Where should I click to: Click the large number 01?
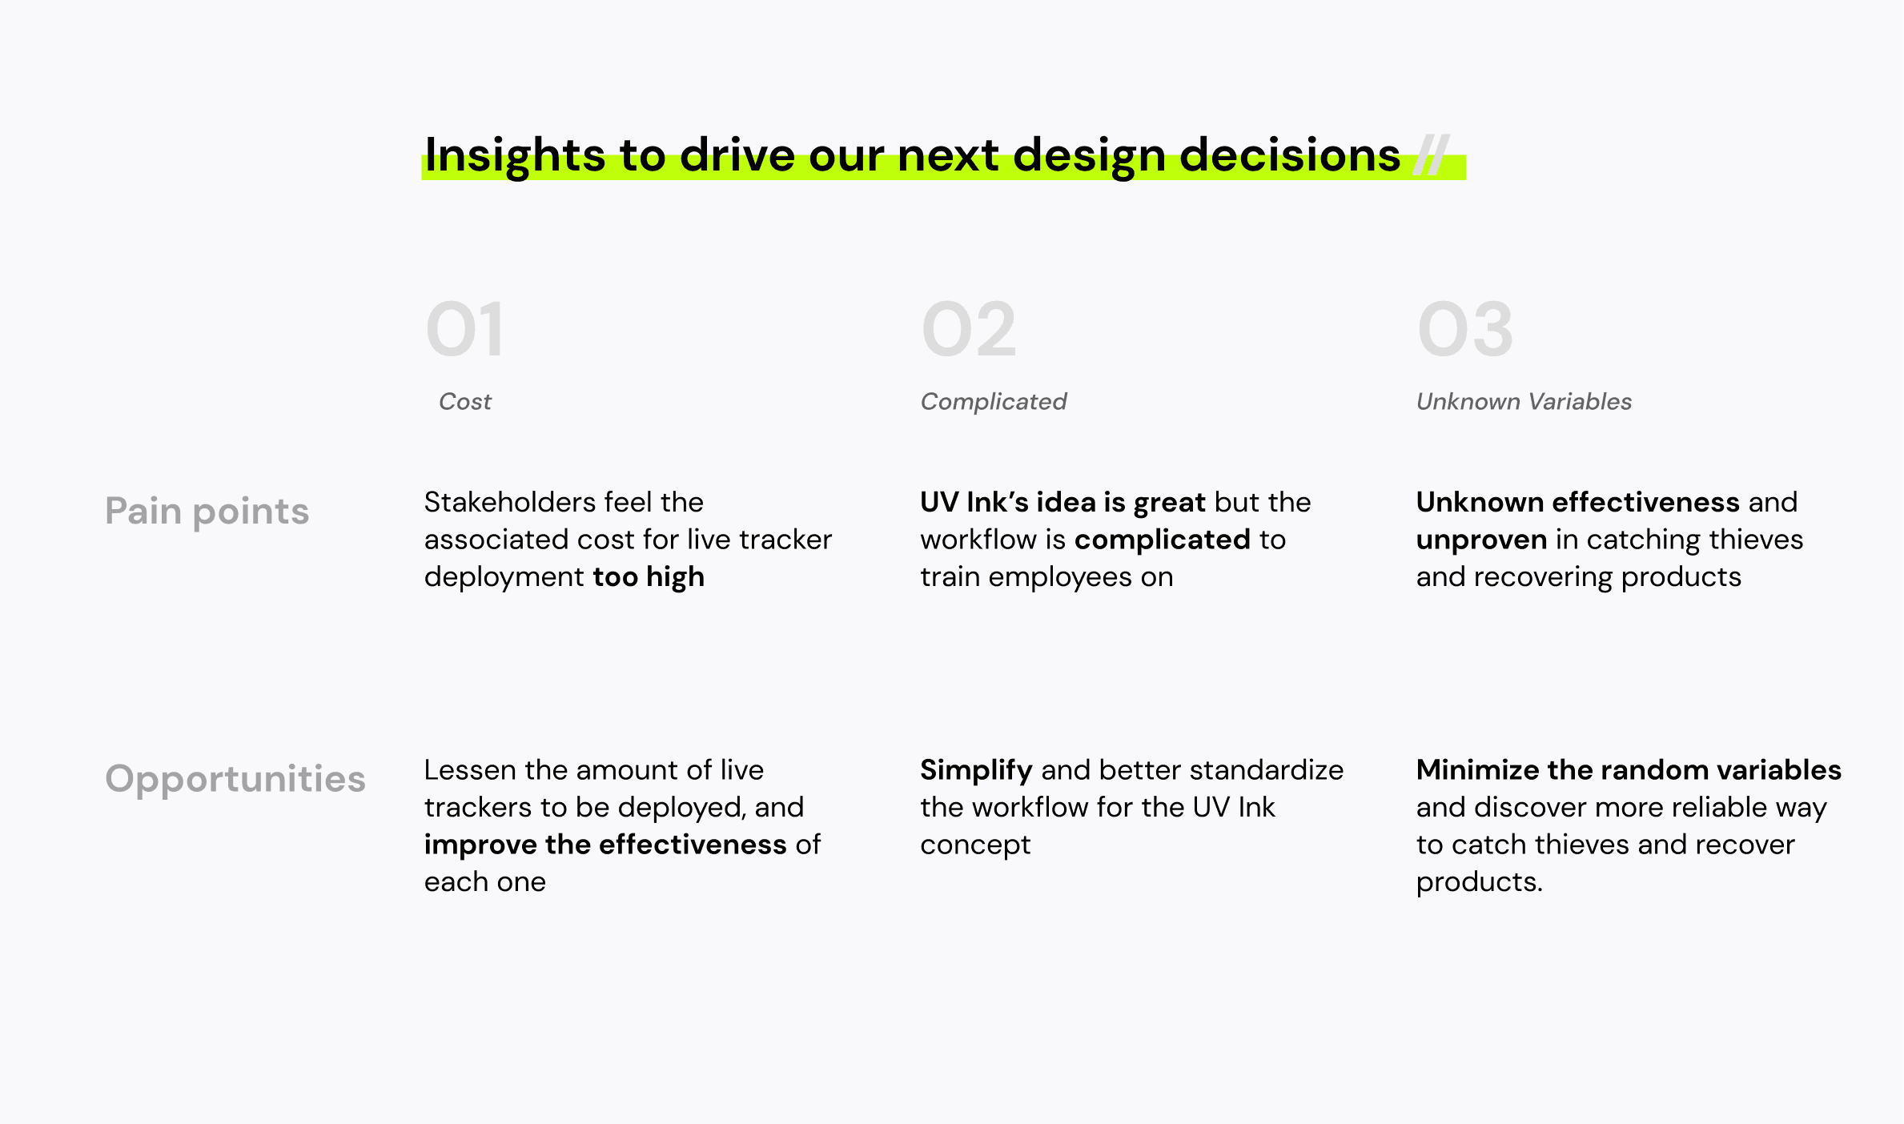tap(465, 329)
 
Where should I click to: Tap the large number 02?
tap(969, 329)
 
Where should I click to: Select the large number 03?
tap(1465, 329)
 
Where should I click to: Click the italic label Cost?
tap(465, 401)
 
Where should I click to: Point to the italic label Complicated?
tap(994, 401)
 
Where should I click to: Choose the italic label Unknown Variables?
tap(1524, 401)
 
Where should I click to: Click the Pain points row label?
tap(207, 512)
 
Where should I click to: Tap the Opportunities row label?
tap(235, 779)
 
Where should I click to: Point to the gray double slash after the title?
tap(1431, 155)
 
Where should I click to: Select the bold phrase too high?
tap(649, 577)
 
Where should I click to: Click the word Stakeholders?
tap(510, 502)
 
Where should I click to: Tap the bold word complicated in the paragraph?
tap(1162, 540)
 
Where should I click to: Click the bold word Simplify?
tap(976, 770)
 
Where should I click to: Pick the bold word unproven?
tap(1481, 540)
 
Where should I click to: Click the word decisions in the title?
tap(1290, 155)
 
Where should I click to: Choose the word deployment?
tap(504, 578)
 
